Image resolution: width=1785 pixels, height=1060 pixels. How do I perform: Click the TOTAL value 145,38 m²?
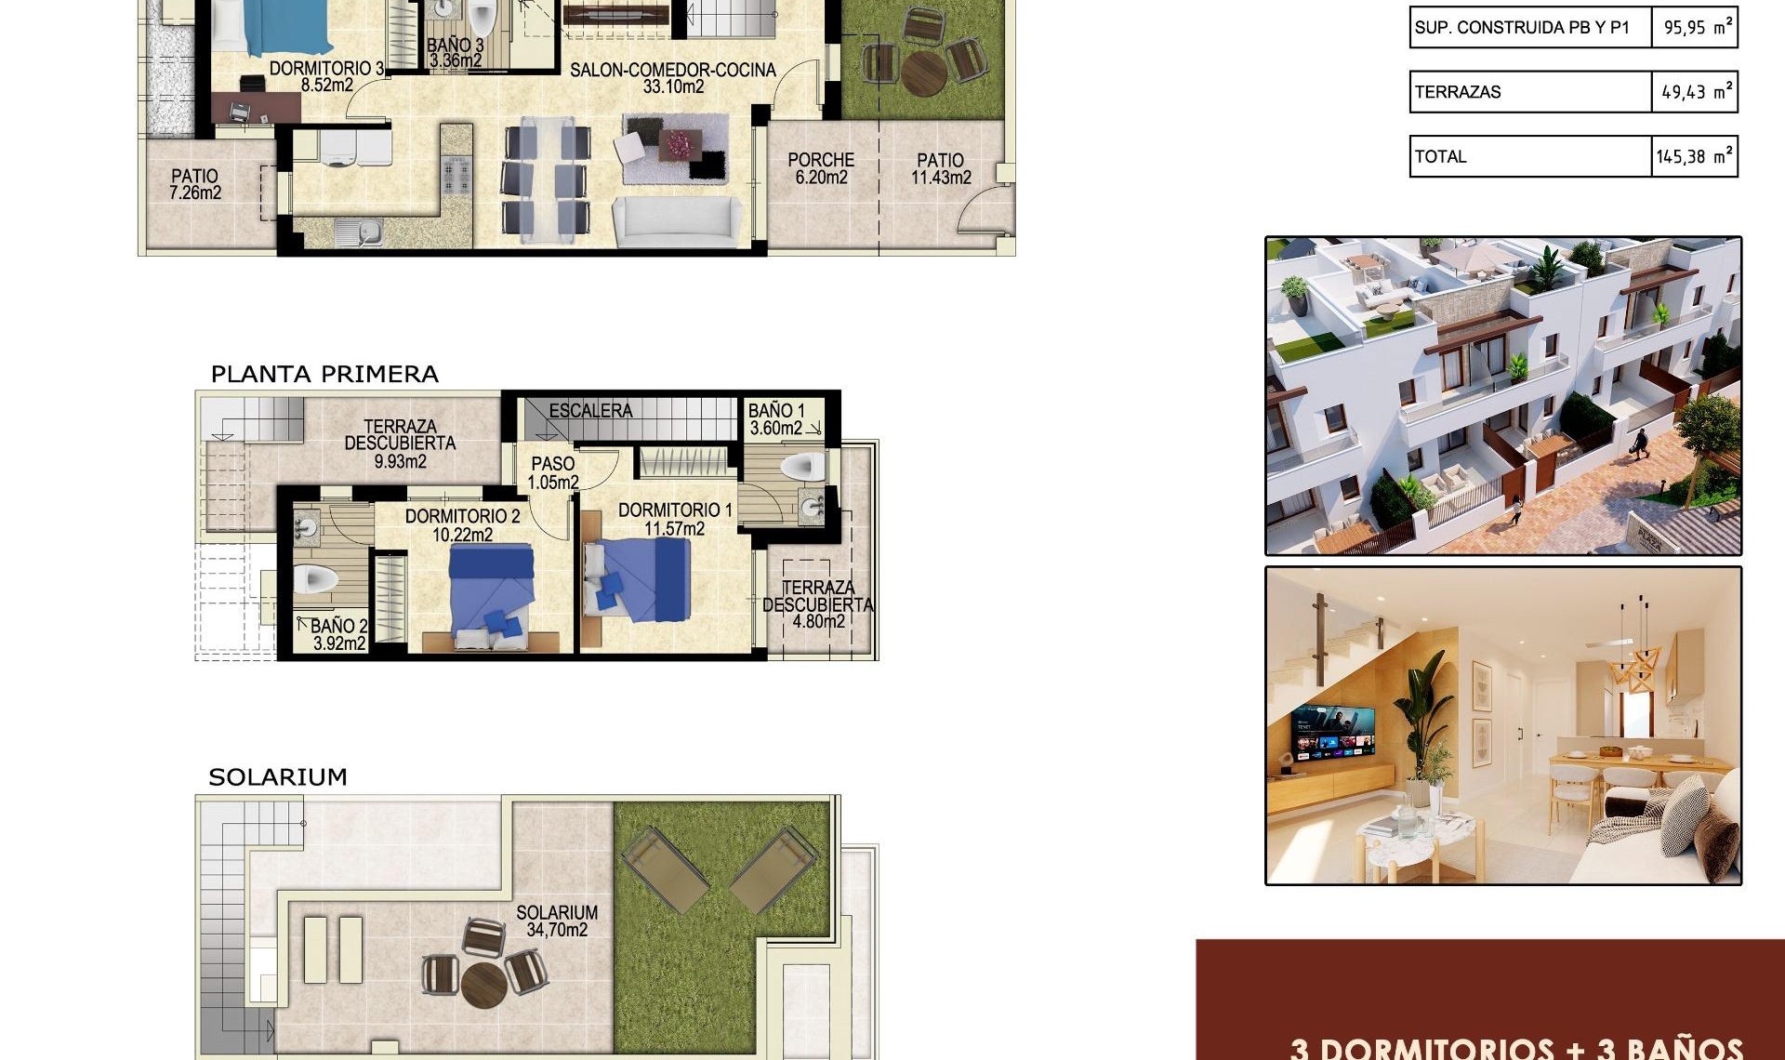[x=1693, y=156]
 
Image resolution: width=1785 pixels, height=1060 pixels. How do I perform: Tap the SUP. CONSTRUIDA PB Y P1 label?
[x=1522, y=28]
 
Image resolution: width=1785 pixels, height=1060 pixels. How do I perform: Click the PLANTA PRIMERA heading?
[x=324, y=374]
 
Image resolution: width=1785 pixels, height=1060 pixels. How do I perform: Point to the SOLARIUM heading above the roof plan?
[x=278, y=776]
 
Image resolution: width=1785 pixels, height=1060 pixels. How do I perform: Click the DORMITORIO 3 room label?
[x=326, y=76]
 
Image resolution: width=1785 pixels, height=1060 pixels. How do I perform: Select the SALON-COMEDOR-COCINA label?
[x=673, y=78]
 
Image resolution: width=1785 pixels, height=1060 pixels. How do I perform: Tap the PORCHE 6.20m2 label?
[x=821, y=168]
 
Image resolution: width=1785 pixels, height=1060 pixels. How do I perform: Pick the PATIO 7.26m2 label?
[x=195, y=184]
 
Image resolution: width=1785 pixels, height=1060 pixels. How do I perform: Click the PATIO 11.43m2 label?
[x=941, y=168]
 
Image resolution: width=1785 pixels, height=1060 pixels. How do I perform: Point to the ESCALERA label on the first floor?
[x=590, y=410]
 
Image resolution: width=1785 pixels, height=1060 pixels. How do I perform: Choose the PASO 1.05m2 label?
[x=553, y=472]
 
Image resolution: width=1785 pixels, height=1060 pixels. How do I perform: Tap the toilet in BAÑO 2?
[x=316, y=579]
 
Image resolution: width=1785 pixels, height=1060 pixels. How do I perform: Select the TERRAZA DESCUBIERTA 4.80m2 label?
[x=818, y=604]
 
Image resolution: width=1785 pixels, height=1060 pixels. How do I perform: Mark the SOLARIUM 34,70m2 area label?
[x=557, y=921]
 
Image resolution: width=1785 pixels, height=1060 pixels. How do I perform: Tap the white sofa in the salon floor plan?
[x=677, y=221]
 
